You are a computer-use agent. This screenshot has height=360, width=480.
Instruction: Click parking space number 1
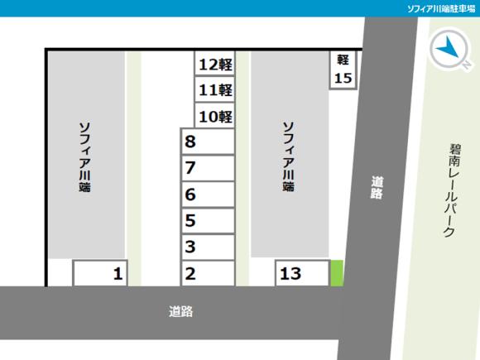pos(102,273)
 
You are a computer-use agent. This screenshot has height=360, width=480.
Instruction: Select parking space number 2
pos(207,273)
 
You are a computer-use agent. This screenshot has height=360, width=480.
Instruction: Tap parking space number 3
pos(207,247)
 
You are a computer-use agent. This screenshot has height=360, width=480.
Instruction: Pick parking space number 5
pos(207,221)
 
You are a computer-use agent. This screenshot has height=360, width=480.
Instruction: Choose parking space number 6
pos(207,195)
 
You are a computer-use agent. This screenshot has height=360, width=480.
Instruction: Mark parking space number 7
pos(207,169)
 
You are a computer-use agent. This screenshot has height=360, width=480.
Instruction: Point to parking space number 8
pos(207,142)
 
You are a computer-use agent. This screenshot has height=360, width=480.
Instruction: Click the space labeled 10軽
pos(214,116)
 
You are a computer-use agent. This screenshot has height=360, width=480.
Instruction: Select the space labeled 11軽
pos(214,90)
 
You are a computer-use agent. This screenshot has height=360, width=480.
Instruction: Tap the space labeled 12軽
pos(214,65)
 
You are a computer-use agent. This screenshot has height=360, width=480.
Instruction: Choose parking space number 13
pos(302,273)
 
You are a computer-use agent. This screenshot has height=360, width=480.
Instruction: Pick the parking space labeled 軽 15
pos(343,70)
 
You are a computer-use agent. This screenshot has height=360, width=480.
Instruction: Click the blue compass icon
pos(449,48)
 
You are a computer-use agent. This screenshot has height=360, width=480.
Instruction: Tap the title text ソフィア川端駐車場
pos(440,8)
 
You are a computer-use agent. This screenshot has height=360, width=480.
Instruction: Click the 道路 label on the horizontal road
pos(180,312)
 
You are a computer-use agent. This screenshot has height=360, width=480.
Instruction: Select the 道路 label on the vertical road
pos(377,188)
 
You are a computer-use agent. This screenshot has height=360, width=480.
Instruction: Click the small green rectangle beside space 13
pos(337,273)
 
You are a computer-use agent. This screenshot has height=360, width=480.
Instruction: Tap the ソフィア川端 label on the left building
pos(84,157)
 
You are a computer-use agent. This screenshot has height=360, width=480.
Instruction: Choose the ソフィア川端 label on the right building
pos(288,157)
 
